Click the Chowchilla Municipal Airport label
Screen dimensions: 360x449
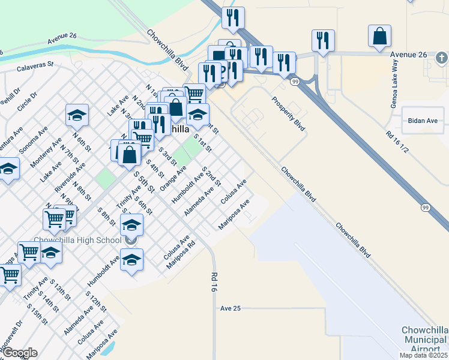(425, 340)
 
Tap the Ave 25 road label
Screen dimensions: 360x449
(230, 308)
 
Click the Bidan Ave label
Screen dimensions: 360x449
(423, 121)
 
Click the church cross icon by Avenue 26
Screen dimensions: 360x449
(441, 58)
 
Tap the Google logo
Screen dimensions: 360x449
(20, 353)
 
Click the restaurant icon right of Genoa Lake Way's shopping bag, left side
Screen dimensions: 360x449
(323, 40)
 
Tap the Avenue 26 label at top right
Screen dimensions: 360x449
(408, 55)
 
